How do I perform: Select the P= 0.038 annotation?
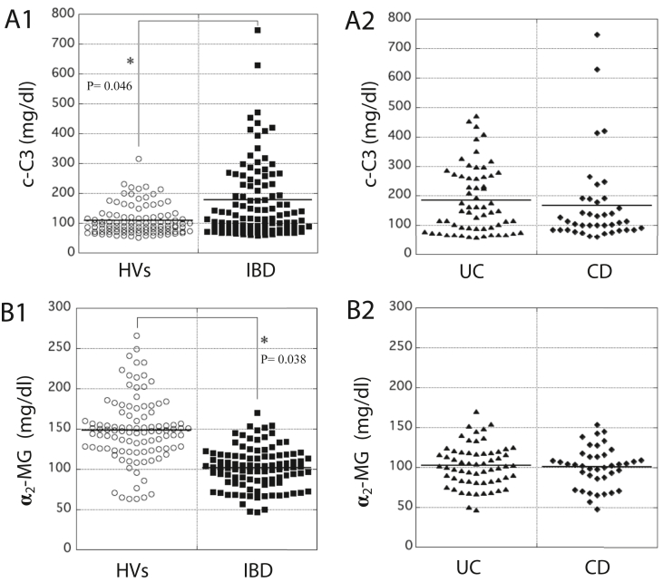coord(283,358)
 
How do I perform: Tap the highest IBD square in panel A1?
coord(258,30)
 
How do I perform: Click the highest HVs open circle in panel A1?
coord(139,159)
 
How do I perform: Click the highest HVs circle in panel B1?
coord(137,335)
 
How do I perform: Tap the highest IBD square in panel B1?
coord(258,413)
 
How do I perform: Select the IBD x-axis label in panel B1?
coord(257,569)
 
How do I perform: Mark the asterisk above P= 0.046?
coord(131,62)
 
